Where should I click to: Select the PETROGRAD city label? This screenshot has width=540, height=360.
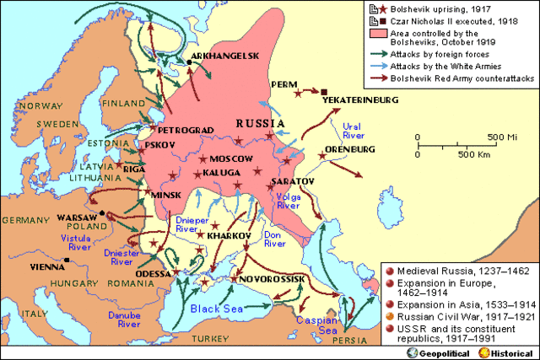tap(176, 131)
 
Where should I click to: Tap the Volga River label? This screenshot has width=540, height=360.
tap(289, 200)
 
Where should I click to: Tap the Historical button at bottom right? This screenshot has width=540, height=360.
tap(510, 350)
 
